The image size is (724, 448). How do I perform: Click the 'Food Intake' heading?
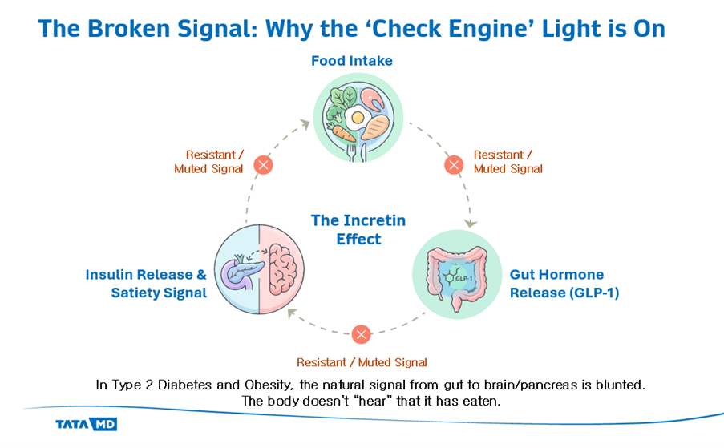[x=352, y=61]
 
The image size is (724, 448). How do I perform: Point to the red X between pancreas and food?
[x=262, y=166]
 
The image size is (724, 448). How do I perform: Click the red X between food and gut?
[x=454, y=166]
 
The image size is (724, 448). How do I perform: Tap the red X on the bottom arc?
[x=362, y=334]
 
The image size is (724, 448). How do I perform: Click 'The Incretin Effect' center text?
[x=358, y=229]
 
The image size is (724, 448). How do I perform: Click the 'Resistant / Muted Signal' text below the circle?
[x=362, y=362]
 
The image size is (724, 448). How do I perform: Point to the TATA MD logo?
[x=86, y=424]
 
